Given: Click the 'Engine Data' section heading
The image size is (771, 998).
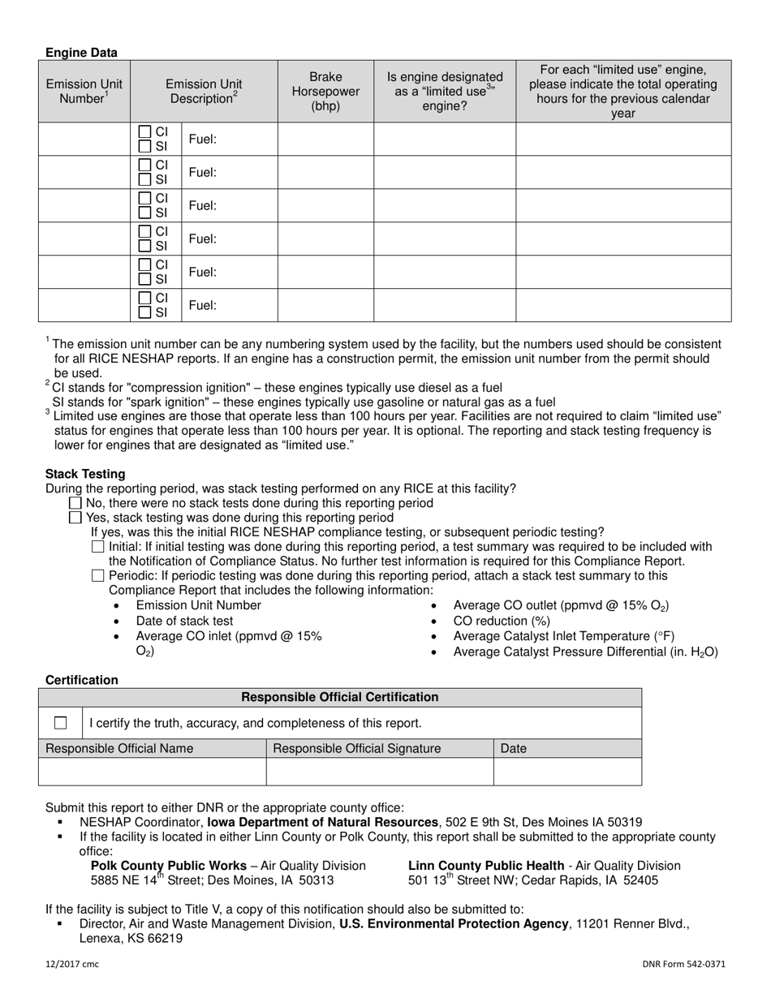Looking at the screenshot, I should point(81,53).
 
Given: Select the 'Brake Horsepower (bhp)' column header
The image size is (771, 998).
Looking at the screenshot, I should point(325,91).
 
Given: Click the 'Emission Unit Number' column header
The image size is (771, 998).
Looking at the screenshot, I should point(84,91).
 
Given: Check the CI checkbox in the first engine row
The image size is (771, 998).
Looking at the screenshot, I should point(145,131).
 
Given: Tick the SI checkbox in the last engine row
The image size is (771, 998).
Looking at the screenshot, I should point(145,312).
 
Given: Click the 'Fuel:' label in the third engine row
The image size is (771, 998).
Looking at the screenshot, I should point(203,206).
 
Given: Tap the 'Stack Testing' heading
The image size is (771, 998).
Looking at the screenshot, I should point(85,474).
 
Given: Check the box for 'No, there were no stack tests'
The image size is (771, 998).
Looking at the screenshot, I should point(75,503).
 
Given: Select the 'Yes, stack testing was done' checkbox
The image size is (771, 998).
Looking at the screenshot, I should point(75,518).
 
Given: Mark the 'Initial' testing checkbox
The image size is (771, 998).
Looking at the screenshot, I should point(98,547).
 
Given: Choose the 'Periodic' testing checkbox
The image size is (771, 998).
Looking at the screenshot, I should point(98,576).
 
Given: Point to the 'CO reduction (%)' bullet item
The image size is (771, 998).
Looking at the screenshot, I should point(502,621).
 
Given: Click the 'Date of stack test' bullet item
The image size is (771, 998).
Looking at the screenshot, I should point(184,621).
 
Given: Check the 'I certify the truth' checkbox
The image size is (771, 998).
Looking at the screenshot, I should point(61,723).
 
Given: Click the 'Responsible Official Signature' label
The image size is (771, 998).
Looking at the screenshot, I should point(357,748).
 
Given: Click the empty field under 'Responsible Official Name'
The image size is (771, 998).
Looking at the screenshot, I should point(153,772).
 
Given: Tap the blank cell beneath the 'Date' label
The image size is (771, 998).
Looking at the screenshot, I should point(566,772).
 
